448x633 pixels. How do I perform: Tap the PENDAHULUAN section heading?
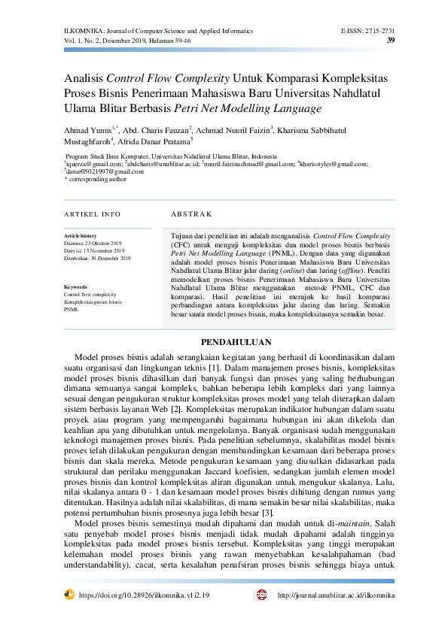[224, 342]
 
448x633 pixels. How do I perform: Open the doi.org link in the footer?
[142, 595]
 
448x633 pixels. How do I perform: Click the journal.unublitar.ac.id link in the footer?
[336, 595]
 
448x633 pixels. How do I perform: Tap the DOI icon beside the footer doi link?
[69, 594]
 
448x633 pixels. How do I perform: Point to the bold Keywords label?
[76, 287]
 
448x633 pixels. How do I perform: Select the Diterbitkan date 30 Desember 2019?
[108, 258]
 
